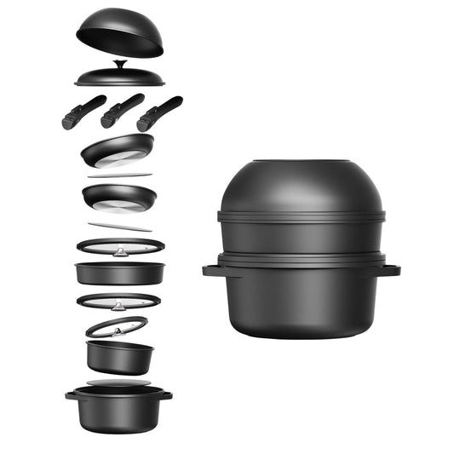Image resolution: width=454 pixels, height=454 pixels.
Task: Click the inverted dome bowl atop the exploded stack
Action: (x=119, y=32)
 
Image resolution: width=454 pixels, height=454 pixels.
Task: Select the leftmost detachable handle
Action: (x=83, y=112)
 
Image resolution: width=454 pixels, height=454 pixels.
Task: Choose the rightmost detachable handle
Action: (x=159, y=112)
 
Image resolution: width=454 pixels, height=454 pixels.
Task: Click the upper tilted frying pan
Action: (x=118, y=151)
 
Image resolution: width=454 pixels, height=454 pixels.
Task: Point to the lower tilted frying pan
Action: (x=119, y=197)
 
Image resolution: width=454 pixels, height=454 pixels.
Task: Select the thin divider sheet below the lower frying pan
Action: (x=119, y=227)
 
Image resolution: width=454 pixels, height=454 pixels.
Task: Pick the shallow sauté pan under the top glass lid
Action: (x=119, y=273)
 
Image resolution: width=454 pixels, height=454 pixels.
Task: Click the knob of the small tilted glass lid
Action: (x=117, y=325)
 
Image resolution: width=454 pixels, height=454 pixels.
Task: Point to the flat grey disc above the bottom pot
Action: (x=118, y=383)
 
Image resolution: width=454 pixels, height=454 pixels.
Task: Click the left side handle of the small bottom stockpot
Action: (x=71, y=395)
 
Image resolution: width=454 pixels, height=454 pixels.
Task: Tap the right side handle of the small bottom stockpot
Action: (x=167, y=395)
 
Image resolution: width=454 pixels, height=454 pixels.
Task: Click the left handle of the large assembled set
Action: (x=210, y=271)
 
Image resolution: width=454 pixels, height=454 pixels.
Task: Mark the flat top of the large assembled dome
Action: (x=302, y=162)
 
